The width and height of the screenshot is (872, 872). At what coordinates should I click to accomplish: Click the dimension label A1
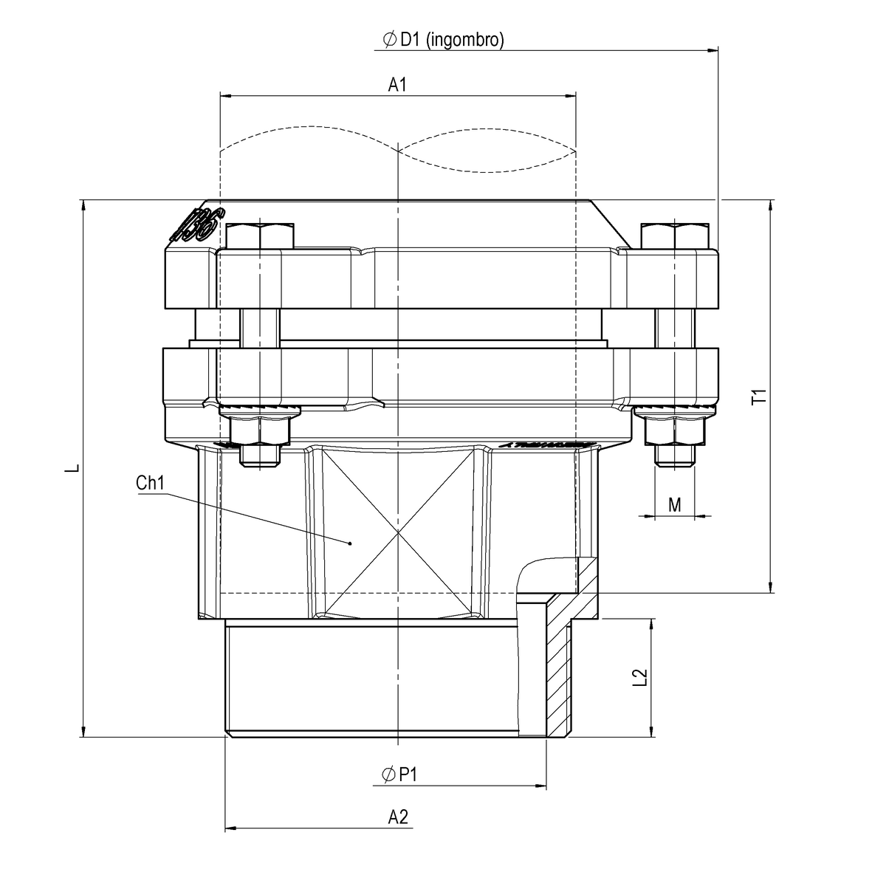398,86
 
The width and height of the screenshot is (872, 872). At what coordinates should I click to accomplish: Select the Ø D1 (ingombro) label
443,40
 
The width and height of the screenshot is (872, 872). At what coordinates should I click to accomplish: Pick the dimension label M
674,504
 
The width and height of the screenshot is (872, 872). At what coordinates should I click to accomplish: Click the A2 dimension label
398,817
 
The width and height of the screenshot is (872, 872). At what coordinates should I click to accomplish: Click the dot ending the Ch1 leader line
351,543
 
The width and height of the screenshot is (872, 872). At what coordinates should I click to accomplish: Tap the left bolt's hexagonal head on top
261,236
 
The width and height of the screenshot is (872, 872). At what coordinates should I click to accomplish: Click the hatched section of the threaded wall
560,665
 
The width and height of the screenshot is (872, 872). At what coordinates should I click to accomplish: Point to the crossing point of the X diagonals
398,532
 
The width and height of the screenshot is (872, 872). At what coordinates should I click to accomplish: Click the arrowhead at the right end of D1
713,50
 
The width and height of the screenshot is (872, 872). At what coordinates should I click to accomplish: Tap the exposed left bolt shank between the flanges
261,327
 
